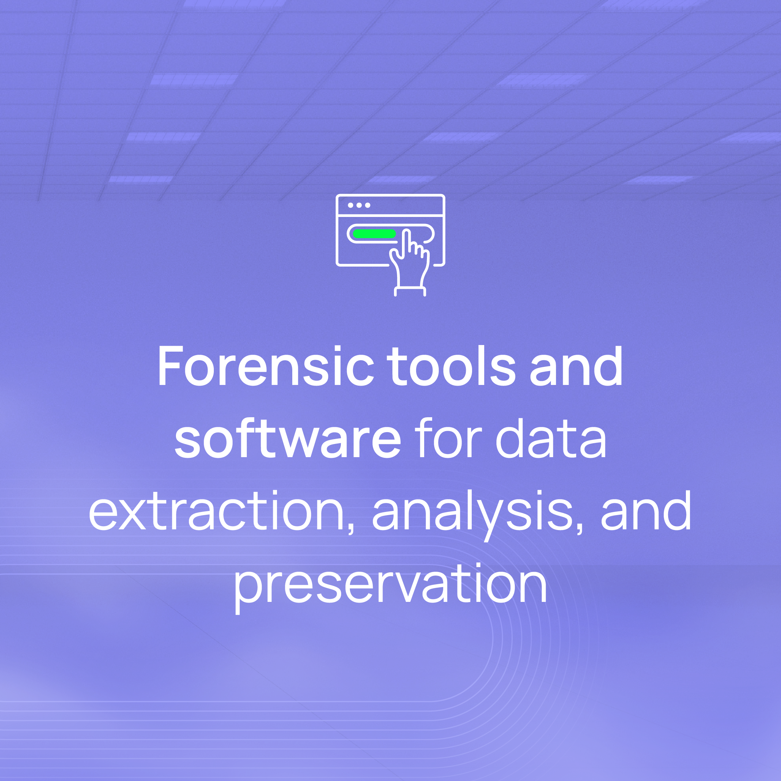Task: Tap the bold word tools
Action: click(451, 366)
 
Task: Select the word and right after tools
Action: click(576, 366)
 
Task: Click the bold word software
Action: click(288, 438)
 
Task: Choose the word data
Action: click(551, 438)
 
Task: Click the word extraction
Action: click(216, 511)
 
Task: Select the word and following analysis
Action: click(646, 511)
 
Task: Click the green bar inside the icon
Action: click(374, 234)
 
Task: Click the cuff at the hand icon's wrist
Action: click(410, 291)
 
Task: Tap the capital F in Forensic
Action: click(170, 366)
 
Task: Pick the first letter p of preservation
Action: click(248, 594)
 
